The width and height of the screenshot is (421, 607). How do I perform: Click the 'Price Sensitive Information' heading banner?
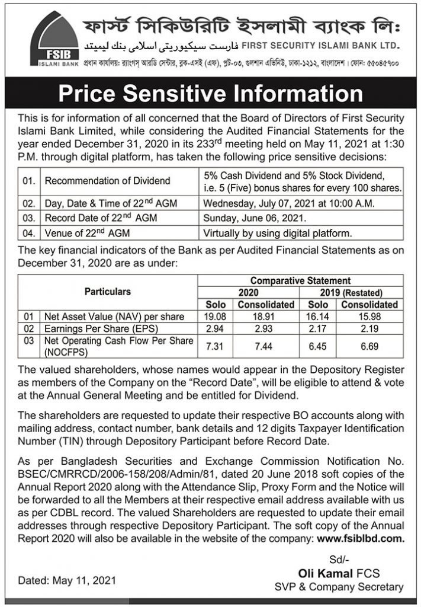[x=210, y=94]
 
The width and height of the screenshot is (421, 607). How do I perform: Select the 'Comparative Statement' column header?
[x=300, y=280]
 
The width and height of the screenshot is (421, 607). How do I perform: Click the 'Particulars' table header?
[x=108, y=292]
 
